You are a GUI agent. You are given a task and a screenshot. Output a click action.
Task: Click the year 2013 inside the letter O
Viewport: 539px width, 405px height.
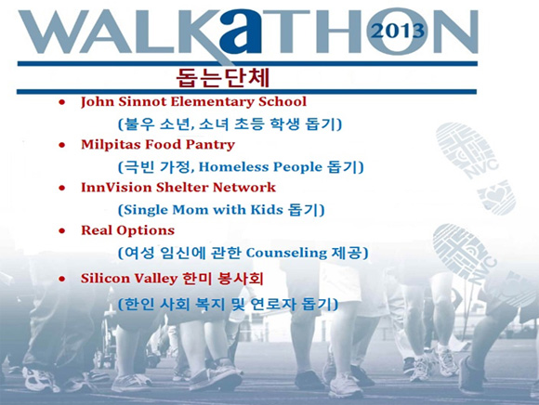click(x=399, y=31)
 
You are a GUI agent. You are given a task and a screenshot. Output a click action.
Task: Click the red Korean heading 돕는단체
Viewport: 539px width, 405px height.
click(x=222, y=78)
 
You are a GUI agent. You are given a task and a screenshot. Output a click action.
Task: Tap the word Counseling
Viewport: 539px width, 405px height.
click(x=286, y=253)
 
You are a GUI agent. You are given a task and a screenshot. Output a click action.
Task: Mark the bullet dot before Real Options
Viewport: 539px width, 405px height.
click(x=62, y=231)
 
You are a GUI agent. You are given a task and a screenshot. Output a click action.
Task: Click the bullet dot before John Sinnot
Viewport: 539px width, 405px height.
click(x=62, y=102)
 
